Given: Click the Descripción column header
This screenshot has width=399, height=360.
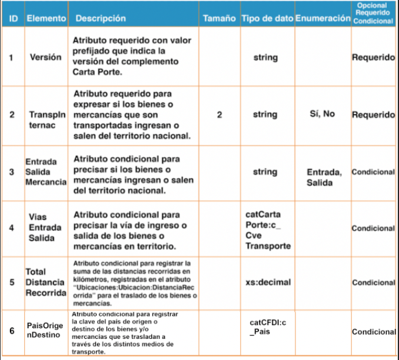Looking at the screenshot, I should (99, 19).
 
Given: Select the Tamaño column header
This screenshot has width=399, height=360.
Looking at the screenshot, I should (219, 19).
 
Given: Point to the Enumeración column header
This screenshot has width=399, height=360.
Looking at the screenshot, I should (322, 19).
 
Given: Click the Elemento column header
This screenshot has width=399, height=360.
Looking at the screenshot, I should (46, 19).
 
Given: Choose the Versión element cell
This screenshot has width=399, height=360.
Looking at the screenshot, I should (46, 58).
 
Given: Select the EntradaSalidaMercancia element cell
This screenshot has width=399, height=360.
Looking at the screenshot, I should (45, 172).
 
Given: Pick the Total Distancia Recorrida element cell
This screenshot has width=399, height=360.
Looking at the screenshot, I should (45, 282).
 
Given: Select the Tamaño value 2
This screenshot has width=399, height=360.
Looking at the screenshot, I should (219, 115).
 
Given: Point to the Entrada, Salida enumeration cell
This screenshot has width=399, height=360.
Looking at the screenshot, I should (323, 177).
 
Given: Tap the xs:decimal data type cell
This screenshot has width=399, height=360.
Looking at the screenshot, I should (267, 282).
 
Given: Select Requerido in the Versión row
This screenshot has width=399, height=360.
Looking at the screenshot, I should (373, 58).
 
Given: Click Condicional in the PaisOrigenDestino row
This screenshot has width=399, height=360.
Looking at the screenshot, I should (374, 332).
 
